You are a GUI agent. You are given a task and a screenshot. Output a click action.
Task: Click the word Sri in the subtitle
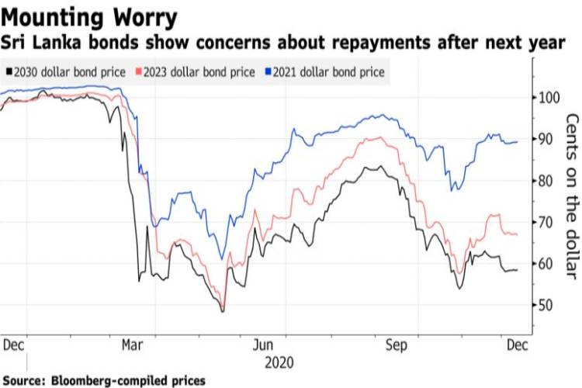(19, 41)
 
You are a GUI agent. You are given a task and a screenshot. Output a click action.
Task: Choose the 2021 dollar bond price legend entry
(328, 72)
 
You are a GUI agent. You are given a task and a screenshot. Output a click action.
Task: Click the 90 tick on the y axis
(549, 139)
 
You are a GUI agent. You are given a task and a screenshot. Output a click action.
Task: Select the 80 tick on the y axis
(549, 181)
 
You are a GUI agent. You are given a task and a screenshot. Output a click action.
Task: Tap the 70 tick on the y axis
(549, 222)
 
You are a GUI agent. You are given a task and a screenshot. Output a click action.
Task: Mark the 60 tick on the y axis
(549, 264)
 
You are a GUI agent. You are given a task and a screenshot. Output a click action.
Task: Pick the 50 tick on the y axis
(549, 305)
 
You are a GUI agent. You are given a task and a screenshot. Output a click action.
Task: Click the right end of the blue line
(518, 142)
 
